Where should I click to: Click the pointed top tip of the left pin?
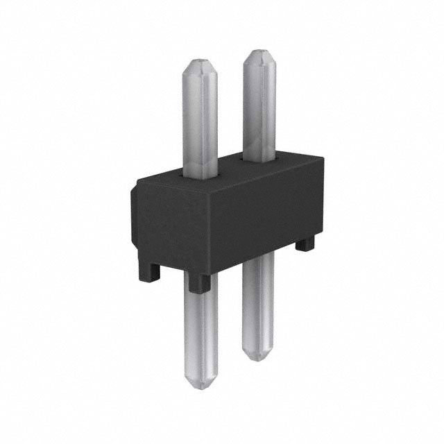click(200, 60)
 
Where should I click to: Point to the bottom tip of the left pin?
click(201, 385)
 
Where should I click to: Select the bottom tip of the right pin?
click(257, 358)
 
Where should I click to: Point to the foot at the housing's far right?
click(305, 244)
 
